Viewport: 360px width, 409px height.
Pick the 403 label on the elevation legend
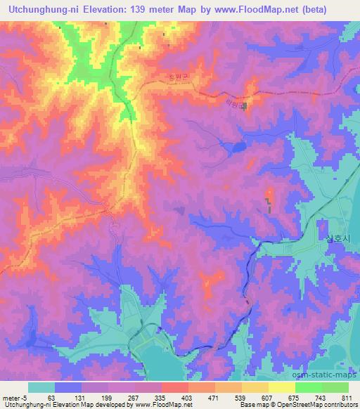[188, 398]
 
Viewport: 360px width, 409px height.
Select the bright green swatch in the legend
[309, 387]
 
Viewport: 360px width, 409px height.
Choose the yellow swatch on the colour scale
[282, 387]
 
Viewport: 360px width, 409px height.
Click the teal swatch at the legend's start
[41, 387]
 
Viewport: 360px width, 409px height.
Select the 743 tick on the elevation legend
[321, 398]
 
